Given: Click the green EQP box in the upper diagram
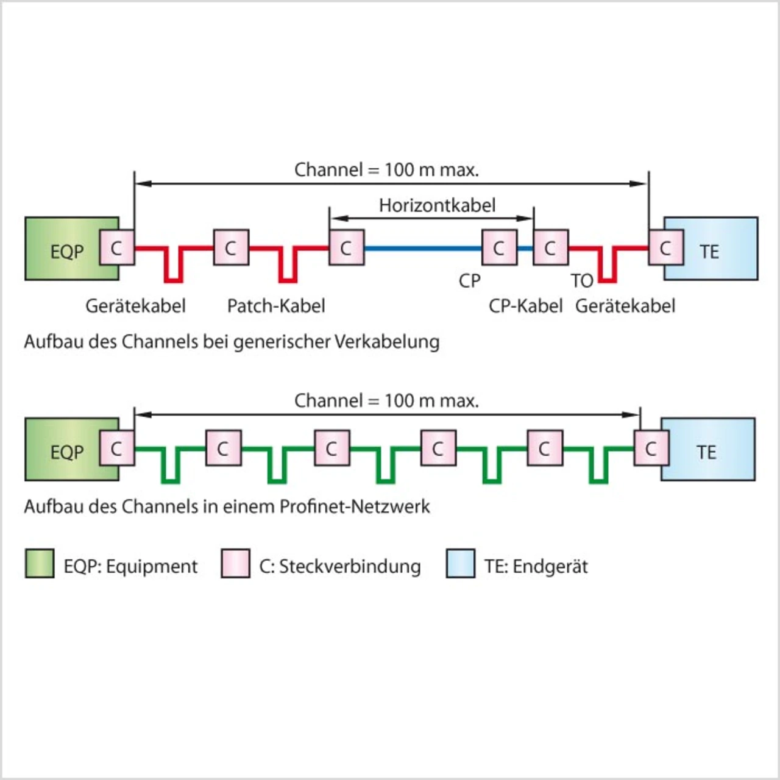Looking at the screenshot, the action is (72, 248).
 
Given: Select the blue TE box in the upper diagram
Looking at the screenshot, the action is (711, 248).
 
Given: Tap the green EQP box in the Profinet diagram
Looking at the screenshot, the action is (72, 449).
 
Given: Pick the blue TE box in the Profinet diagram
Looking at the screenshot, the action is (708, 449).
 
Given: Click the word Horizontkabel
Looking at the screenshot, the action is (437, 205).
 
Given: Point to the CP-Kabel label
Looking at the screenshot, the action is (525, 306).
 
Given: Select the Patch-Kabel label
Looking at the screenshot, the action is (276, 306).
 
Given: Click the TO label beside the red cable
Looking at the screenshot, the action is (582, 280).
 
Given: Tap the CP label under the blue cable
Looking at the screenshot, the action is (470, 280).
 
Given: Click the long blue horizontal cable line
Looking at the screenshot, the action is (423, 248).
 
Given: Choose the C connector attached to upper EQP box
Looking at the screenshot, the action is (117, 247).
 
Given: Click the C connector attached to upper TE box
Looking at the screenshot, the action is (666, 247).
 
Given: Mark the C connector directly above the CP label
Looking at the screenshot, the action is (500, 247).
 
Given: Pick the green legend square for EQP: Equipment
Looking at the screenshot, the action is (39, 563).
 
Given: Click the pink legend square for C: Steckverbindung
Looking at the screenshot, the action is (235, 563).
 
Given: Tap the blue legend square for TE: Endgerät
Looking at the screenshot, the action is (460, 563).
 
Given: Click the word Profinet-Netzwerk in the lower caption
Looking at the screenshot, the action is (355, 507).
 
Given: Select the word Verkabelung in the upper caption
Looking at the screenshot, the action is (388, 342).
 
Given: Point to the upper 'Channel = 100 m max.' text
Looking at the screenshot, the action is (386, 170).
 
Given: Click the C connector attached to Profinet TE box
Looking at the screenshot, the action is (651, 448).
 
